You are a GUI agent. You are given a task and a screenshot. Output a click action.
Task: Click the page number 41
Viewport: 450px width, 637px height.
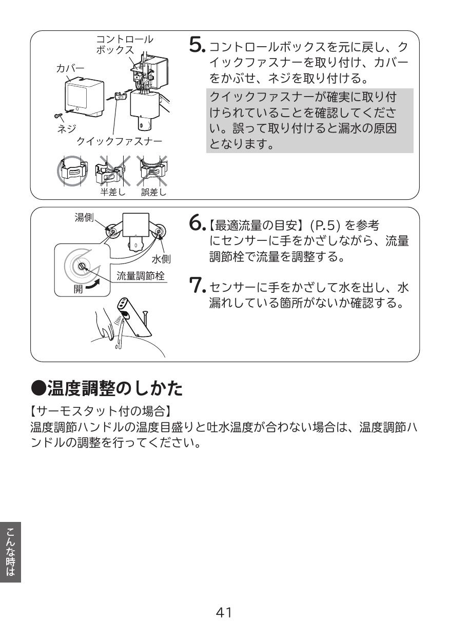tap(224, 612)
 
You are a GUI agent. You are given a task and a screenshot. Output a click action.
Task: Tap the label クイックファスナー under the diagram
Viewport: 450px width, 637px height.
tap(119, 141)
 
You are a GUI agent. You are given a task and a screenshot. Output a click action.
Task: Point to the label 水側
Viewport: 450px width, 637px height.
tap(162, 250)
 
